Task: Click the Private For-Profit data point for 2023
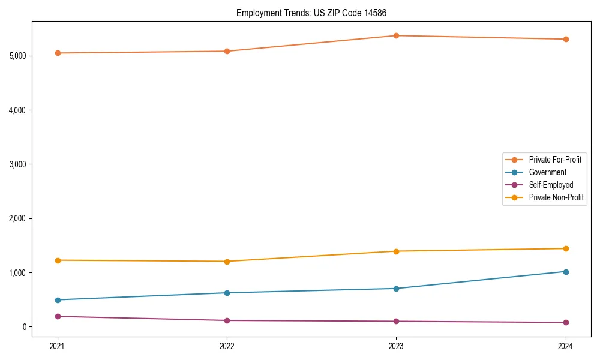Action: (x=397, y=35)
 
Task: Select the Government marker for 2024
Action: (x=566, y=272)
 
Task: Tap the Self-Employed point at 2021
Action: (x=58, y=316)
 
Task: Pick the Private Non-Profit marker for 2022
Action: (x=227, y=262)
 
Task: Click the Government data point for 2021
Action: (x=58, y=300)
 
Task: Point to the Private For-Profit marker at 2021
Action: (x=58, y=53)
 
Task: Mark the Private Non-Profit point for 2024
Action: (x=566, y=248)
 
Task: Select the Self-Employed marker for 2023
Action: (x=397, y=322)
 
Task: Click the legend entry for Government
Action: (x=547, y=172)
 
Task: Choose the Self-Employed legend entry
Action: (x=551, y=185)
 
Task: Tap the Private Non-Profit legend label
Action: (x=556, y=197)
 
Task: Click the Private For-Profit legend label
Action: (x=555, y=160)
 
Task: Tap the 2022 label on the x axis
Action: (x=227, y=346)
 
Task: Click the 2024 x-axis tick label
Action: (x=566, y=346)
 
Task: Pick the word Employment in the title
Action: (x=254, y=13)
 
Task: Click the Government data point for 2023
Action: (x=397, y=289)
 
